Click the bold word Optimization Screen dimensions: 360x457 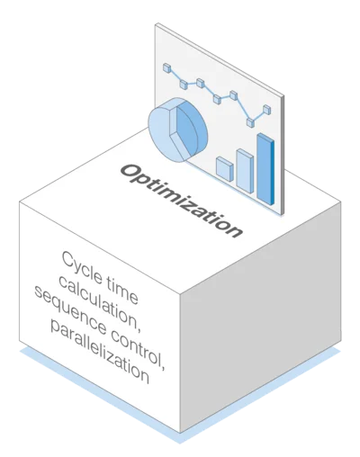(x=182, y=201)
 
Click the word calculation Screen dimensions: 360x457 (x=100, y=302)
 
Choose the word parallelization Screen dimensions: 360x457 (x=100, y=352)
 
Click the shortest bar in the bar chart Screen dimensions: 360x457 (x=225, y=169)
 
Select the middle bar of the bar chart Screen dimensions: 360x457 (x=245, y=171)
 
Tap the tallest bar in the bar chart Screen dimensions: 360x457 (x=265, y=169)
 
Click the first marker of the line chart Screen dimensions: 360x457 (x=167, y=68)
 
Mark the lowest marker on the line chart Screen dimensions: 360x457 (x=250, y=122)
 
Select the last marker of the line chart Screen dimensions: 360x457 (x=266, y=110)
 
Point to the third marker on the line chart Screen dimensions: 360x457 (x=201, y=83)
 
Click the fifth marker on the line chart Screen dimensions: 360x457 (x=233, y=95)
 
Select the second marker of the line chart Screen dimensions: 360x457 (x=184, y=85)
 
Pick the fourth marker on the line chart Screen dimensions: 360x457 (x=217, y=99)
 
